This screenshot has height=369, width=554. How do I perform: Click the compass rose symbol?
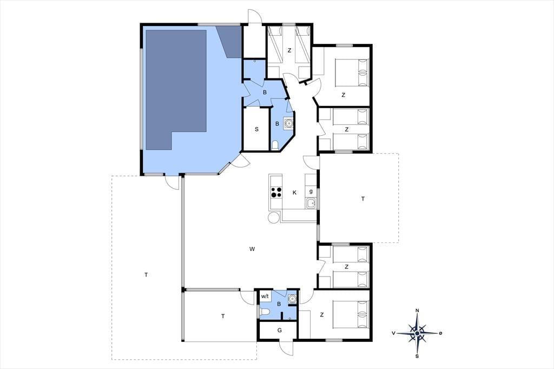pyautogui.click(x=417, y=333)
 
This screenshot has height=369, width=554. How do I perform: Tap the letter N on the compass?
pyautogui.click(x=417, y=311)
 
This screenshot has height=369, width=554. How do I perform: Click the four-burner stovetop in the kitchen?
pyautogui.click(x=276, y=193)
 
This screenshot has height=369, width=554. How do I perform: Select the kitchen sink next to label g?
pyautogui.click(x=311, y=203)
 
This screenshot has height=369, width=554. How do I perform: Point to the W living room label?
pyautogui.click(x=252, y=249)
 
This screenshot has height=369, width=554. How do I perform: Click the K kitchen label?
pyautogui.click(x=294, y=193)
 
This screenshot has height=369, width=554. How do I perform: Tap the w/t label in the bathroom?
pyautogui.click(x=265, y=296)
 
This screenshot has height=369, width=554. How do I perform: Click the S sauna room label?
pyautogui.click(x=256, y=129)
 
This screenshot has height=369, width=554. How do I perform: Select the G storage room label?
pyautogui.click(x=280, y=331)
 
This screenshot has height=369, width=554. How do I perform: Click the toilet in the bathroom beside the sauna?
pyautogui.click(x=275, y=145)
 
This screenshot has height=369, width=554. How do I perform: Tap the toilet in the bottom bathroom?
pyautogui.click(x=265, y=312)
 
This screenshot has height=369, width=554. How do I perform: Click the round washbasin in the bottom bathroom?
pyautogui.click(x=292, y=299)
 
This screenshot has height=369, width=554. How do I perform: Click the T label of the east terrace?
pyautogui.click(x=363, y=199)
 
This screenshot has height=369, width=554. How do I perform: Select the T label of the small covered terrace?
pyautogui.click(x=223, y=317)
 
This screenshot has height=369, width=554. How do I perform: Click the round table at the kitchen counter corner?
pyautogui.click(x=273, y=218)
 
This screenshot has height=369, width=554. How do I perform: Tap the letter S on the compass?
pyautogui.click(x=417, y=356)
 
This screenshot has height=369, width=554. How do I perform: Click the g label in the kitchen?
pyautogui.click(x=311, y=192)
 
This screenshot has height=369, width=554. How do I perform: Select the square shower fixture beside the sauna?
pyautogui.click(x=289, y=123)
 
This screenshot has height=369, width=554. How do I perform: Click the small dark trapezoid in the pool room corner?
pyautogui.click(x=230, y=41)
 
